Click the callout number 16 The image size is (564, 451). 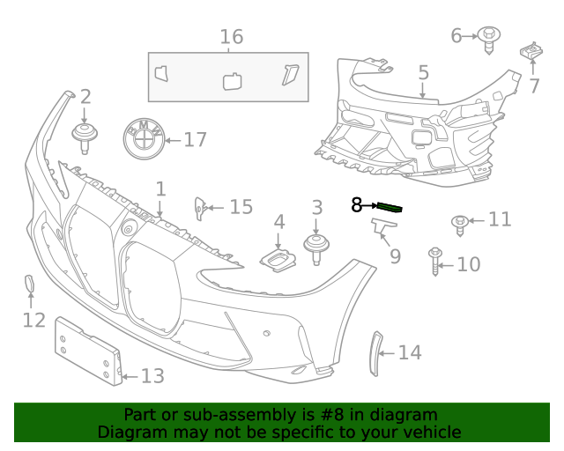tap(231, 37)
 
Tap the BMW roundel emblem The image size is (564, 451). tap(143, 138)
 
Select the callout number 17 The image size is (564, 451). tap(194, 139)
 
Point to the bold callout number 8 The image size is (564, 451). tap(357, 205)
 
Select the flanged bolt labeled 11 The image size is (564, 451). tap(459, 223)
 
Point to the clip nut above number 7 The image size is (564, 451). tap(531, 52)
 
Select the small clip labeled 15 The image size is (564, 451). tap(200, 208)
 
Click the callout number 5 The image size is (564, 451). tap(423, 73)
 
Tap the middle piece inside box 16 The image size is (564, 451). tap(233, 80)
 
